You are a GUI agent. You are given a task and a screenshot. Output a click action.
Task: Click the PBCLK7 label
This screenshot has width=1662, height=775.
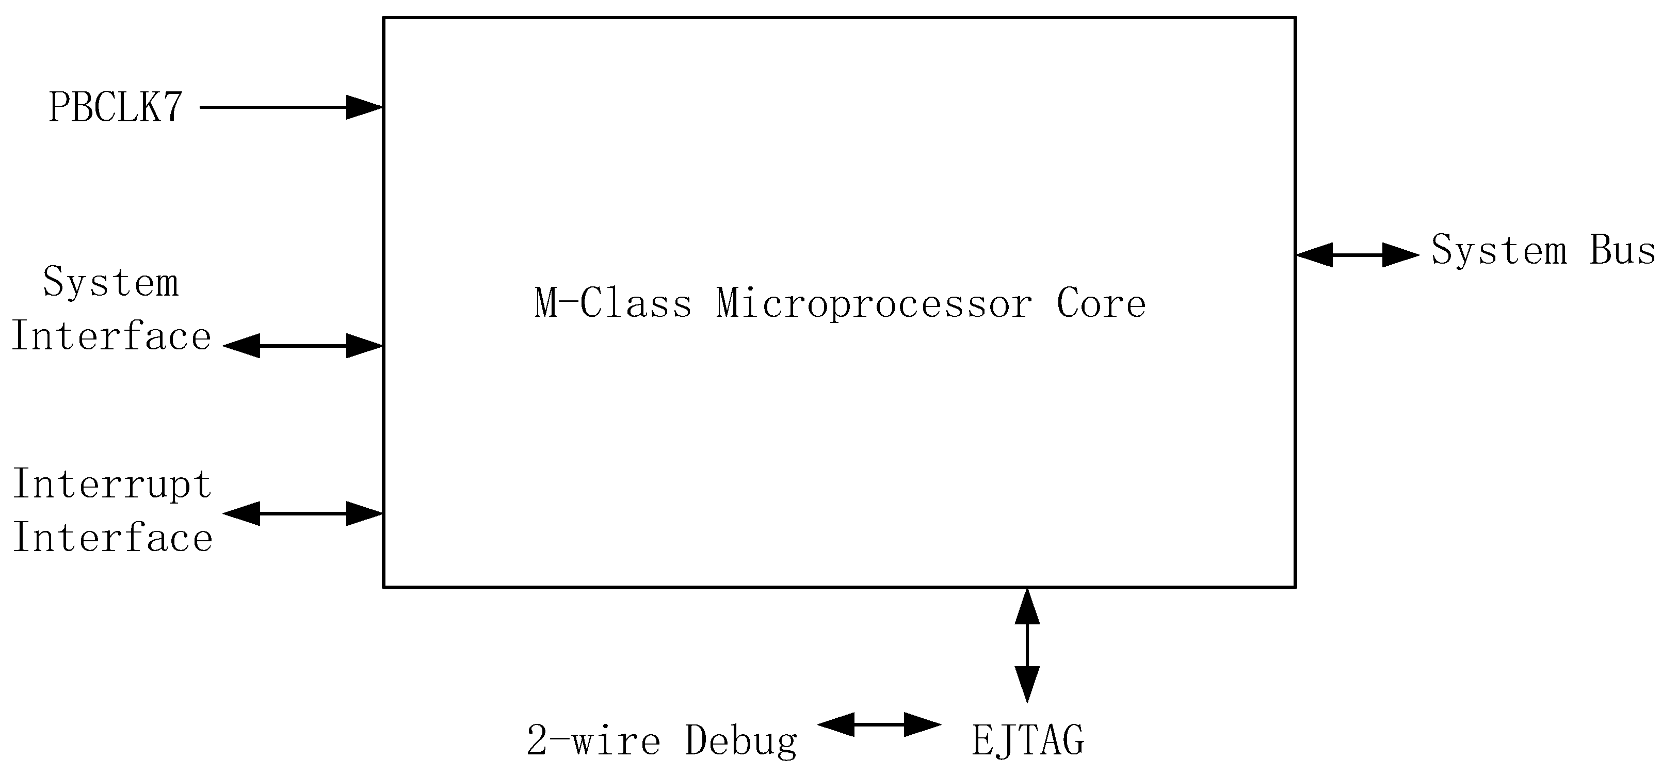click(116, 107)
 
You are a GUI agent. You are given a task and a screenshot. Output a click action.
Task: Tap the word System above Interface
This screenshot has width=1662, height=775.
click(111, 283)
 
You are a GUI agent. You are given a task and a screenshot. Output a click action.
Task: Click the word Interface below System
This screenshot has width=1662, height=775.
click(111, 337)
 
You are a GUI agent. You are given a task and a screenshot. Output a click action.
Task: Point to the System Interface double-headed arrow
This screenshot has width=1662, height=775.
click(303, 346)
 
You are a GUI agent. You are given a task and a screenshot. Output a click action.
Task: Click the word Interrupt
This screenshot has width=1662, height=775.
click(112, 484)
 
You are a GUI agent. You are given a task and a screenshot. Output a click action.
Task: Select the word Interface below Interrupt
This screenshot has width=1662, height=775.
click(112, 538)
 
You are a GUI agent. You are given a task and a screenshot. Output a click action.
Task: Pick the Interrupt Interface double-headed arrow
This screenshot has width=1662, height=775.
click(303, 513)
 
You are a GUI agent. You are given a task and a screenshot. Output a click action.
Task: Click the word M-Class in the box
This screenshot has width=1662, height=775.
click(613, 303)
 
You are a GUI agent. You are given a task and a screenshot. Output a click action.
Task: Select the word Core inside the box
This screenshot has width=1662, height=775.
click(1101, 303)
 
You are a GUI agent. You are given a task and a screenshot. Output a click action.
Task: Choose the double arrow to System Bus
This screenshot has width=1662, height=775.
click(1358, 255)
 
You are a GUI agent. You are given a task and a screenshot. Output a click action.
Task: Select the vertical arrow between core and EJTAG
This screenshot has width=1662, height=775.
click(1027, 645)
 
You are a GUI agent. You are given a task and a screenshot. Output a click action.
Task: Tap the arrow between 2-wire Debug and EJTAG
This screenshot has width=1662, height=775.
click(879, 724)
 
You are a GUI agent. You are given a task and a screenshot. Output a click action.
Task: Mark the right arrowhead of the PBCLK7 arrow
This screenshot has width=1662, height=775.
click(364, 107)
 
